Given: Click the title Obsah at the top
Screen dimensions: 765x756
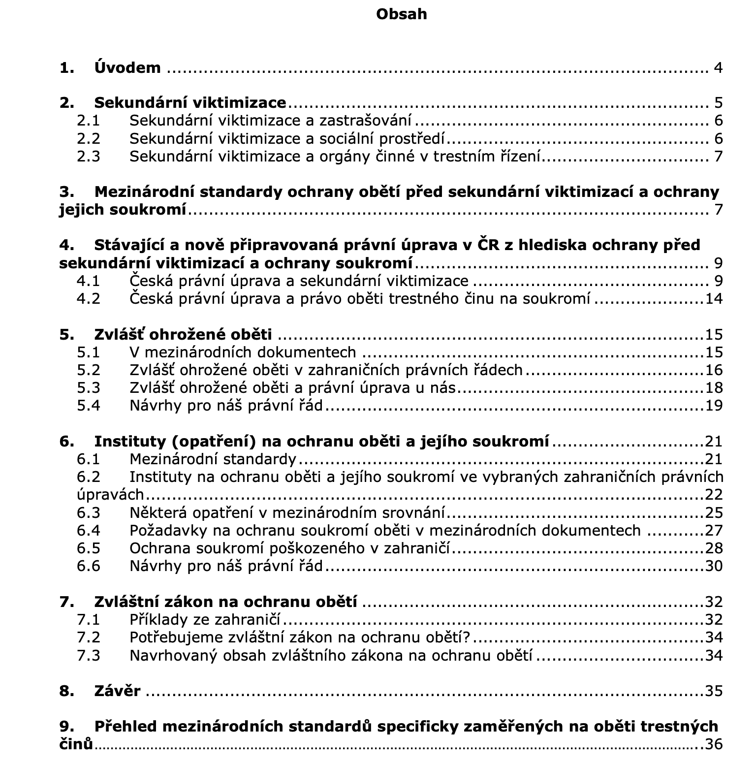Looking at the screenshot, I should (401, 14).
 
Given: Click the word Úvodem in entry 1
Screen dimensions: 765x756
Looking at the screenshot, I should (127, 67).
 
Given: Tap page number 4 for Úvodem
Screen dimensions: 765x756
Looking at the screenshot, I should (718, 68).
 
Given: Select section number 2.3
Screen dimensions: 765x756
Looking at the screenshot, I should (89, 157).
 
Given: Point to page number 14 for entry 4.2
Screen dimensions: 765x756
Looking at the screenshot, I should (714, 299).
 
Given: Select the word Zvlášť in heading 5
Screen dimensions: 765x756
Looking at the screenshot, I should (116, 335).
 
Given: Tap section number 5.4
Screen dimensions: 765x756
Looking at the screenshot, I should (89, 406).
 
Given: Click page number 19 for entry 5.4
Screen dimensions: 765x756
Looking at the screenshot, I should (714, 406).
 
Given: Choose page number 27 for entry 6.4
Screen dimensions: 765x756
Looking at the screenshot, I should (714, 530).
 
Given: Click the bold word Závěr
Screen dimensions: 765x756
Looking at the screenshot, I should (117, 691).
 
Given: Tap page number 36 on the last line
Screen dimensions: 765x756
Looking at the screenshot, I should (714, 744).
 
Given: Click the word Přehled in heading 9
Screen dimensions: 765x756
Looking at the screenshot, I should (125, 727).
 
